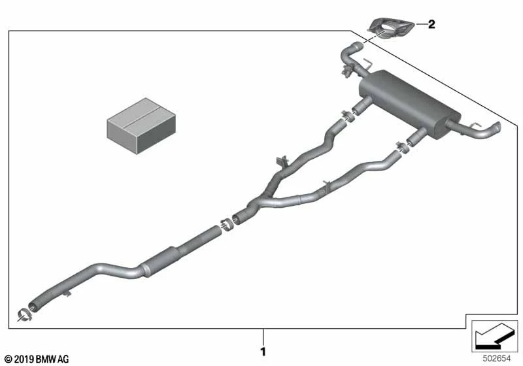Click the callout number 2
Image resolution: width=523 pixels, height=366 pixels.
point(431,24)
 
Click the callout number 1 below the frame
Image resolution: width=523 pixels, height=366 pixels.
point(263,352)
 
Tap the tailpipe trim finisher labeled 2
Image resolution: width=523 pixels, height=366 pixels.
point(390,28)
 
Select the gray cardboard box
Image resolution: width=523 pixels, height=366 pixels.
point(141,125)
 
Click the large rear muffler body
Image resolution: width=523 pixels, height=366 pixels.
point(410,103)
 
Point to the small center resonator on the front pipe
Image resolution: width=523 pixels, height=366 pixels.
point(160,262)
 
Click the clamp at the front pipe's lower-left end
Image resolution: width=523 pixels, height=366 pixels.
point(24,314)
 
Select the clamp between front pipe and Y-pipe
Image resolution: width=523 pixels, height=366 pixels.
point(227,224)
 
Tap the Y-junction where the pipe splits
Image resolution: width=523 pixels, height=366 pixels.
point(258,203)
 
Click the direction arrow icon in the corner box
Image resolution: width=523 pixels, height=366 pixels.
point(494,335)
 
